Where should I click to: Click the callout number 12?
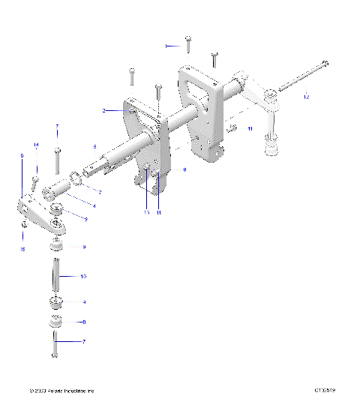pyautogui.click(x=306, y=97)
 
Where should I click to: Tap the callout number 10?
pyautogui.click(x=83, y=277)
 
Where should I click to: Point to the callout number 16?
pyautogui.click(x=22, y=248)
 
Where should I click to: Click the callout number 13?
pyautogui.click(x=147, y=213)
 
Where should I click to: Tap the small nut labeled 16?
pyautogui.click(x=25, y=224)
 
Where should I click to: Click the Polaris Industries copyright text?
pyautogui.click(x=61, y=391)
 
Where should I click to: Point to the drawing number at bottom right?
pyautogui.click(x=325, y=391)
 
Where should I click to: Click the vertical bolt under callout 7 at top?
pyautogui.click(x=57, y=160)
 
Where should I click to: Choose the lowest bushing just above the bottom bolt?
pyautogui.click(x=55, y=322)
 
